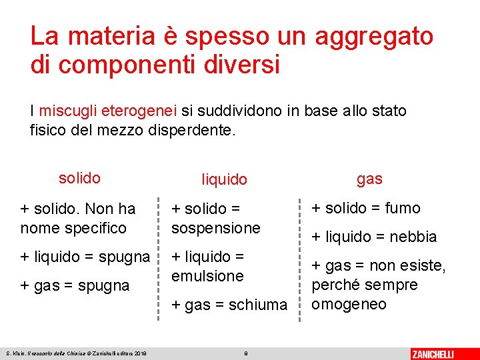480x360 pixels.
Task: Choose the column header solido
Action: (x=79, y=178)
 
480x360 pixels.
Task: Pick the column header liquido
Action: (x=225, y=179)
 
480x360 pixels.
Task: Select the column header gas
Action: (x=369, y=179)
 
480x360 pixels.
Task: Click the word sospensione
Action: (x=216, y=227)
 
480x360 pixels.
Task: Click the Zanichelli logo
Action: (x=441, y=353)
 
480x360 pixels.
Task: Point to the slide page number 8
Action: (x=246, y=353)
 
